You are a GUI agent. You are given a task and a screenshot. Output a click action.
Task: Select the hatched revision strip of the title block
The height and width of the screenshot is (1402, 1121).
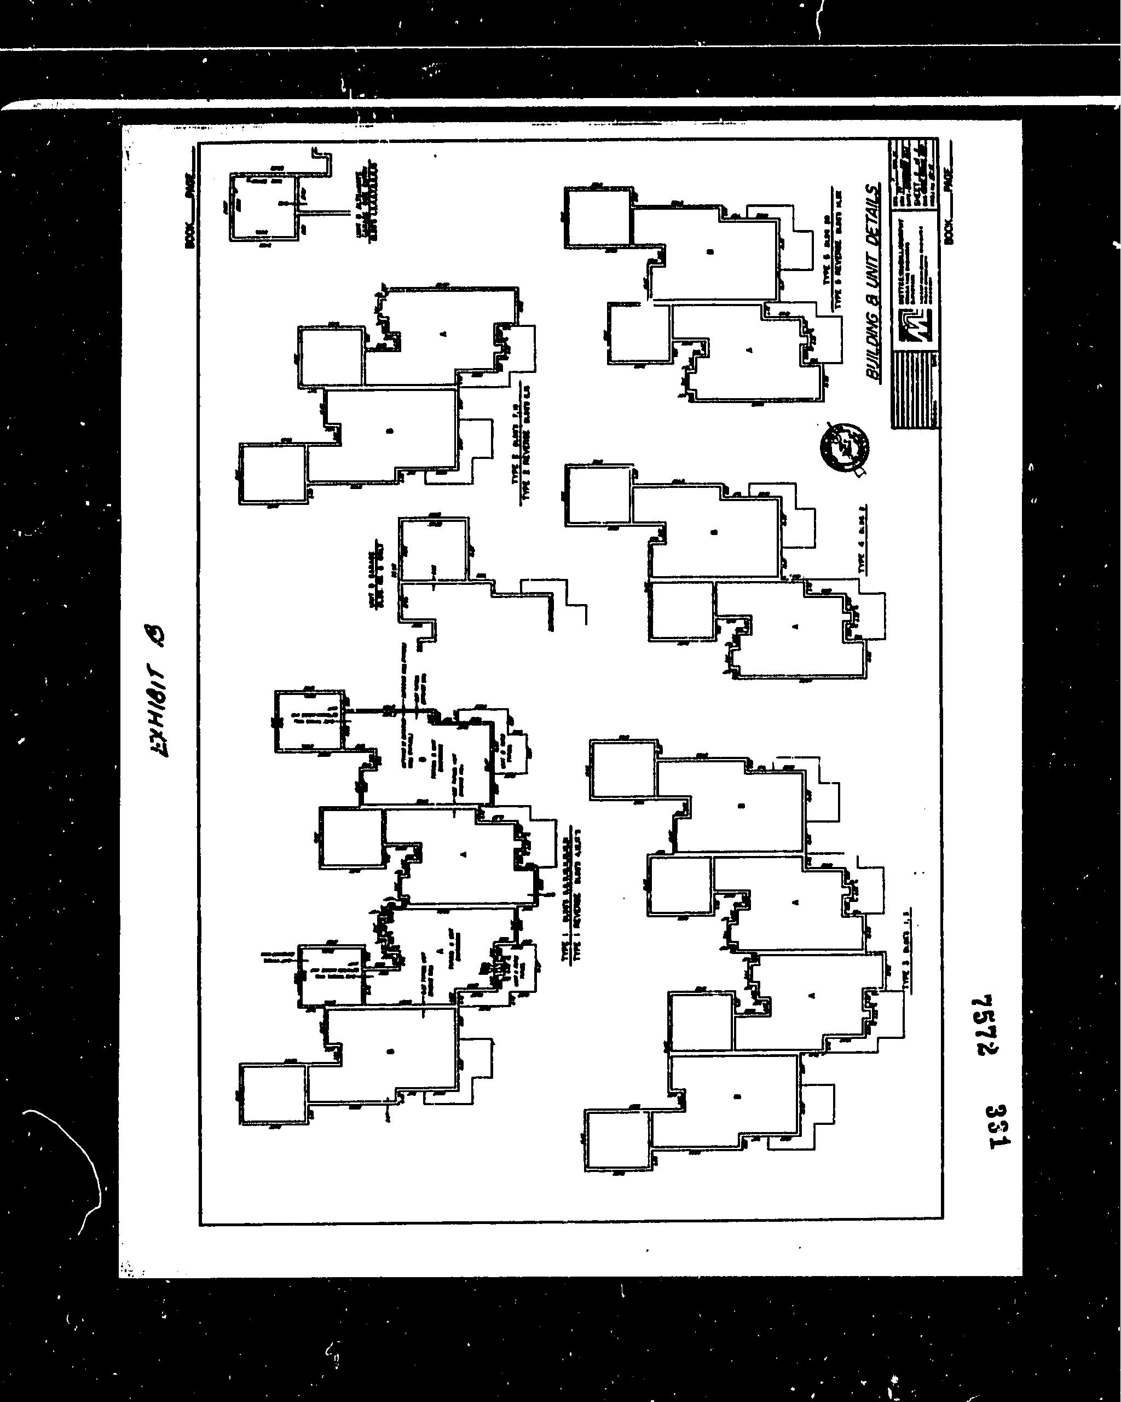[x=914, y=390]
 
